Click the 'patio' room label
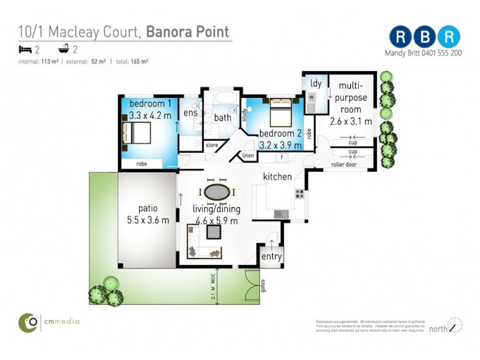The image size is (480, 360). pyautogui.click(x=147, y=209)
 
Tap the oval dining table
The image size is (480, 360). pyautogui.click(x=216, y=192)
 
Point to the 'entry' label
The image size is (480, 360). pyautogui.click(x=271, y=257)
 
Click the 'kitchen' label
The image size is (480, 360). pyautogui.click(x=277, y=176)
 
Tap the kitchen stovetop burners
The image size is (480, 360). pyautogui.click(x=299, y=194)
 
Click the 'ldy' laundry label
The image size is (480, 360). pyautogui.click(x=316, y=83)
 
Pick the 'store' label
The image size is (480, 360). pyautogui.click(x=212, y=145)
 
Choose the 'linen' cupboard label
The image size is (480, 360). pyautogui.click(x=248, y=156)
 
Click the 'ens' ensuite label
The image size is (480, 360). pyautogui.click(x=190, y=112)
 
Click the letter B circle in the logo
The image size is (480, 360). pyautogui.click(x=425, y=37)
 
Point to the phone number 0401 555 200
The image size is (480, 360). pyautogui.click(x=440, y=53)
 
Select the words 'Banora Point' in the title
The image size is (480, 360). pyautogui.click(x=188, y=31)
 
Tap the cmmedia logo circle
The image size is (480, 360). pyautogui.click(x=28, y=322)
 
